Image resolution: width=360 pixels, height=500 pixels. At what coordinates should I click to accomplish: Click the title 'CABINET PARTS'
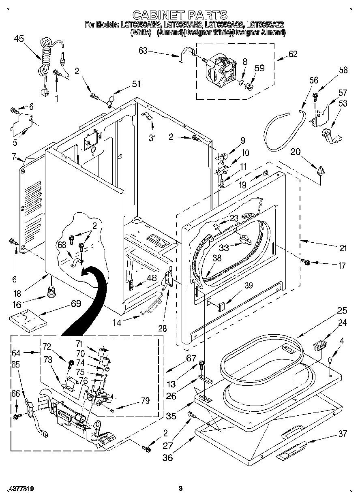tap(180, 15)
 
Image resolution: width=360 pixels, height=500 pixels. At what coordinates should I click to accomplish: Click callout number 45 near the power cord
tap(19, 39)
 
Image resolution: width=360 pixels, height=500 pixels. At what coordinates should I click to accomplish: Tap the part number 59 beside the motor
tap(259, 68)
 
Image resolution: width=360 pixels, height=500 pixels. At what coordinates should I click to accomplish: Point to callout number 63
tap(143, 51)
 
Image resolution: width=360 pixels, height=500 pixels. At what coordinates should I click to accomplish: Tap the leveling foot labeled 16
tap(51, 291)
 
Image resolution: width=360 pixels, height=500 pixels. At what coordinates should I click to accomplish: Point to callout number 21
tap(343, 248)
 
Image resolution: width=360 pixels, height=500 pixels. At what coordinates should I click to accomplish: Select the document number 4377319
tap(20, 489)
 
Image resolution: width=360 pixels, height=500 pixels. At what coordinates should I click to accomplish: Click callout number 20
tap(296, 152)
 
